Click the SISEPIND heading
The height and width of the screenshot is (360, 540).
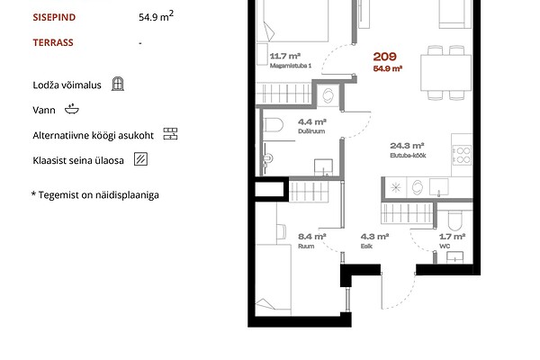(54, 17)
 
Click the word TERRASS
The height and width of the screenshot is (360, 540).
(53, 42)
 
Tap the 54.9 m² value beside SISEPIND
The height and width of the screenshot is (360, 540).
(156, 16)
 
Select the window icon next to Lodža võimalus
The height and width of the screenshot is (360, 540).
(118, 84)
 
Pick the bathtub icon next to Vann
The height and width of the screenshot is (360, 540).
(72, 109)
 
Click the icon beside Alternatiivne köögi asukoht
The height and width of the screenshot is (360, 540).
(170, 134)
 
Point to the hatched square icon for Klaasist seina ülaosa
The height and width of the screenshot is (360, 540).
(140, 159)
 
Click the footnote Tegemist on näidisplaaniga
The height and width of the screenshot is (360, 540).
(95, 195)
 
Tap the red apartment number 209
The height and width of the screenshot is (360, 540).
(384, 57)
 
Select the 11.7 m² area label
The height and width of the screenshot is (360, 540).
(285, 56)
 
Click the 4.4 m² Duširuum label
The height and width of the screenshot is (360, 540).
(312, 126)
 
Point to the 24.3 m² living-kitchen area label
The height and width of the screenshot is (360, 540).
(408, 150)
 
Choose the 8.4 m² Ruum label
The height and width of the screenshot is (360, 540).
(312, 240)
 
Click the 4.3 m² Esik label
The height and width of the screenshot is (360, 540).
(374, 240)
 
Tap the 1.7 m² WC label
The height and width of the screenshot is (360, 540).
(452, 240)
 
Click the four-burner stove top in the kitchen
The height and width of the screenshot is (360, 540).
(462, 155)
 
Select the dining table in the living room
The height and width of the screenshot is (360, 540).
(445, 73)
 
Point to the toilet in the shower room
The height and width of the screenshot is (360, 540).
(273, 125)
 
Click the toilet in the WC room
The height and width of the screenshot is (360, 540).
(454, 220)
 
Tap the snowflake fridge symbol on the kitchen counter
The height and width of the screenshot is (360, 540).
(396, 188)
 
